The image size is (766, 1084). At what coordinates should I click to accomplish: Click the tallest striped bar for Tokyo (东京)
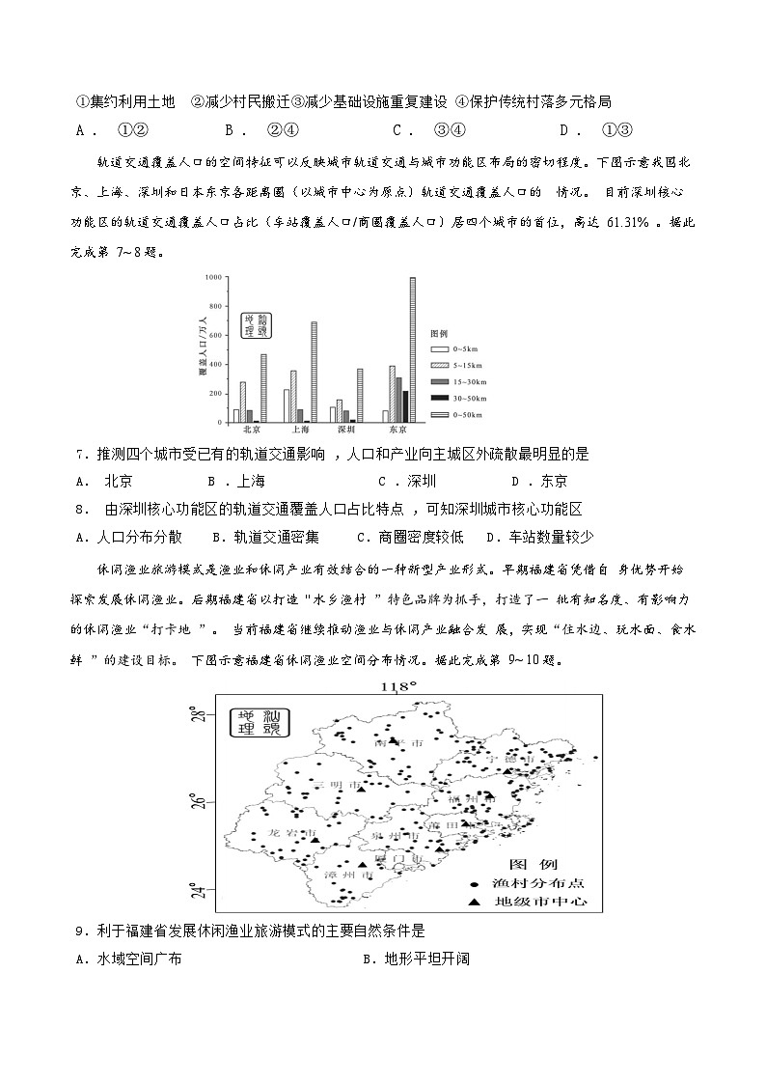click(412, 349)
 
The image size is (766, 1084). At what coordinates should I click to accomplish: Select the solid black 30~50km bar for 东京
click(405, 406)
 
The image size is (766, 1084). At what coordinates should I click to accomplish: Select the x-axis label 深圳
click(344, 431)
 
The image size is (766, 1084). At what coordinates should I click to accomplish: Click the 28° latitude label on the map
click(197, 715)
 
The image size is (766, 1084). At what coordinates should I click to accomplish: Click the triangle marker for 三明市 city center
click(361, 790)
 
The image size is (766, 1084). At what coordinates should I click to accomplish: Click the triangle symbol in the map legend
click(474, 903)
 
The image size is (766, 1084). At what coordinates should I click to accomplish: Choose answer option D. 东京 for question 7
click(540, 481)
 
